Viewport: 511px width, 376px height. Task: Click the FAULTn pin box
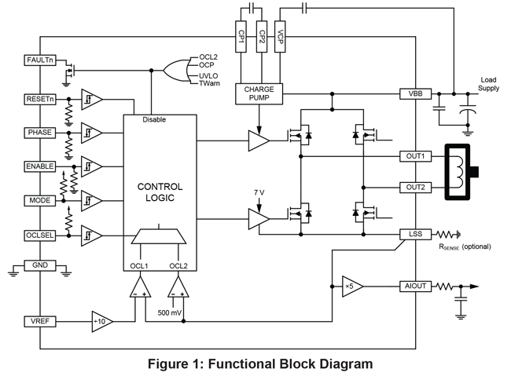click(x=39, y=60)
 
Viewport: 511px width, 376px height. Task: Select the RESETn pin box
click(x=39, y=100)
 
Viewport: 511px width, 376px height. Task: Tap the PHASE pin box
click(x=39, y=132)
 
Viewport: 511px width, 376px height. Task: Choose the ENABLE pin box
click(x=39, y=166)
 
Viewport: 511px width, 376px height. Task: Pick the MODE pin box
click(x=39, y=200)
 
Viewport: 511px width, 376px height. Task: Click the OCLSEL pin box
click(x=39, y=235)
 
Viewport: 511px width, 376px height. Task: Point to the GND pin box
click(x=39, y=265)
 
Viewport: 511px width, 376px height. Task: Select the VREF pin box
click(x=39, y=321)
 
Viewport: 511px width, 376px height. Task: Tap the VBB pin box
click(x=415, y=93)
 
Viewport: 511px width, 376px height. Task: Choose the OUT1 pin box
click(x=415, y=156)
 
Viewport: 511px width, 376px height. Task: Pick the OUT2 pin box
click(x=415, y=188)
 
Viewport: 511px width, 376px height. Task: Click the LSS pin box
click(x=415, y=234)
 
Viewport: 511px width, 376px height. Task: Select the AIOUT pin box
click(x=415, y=286)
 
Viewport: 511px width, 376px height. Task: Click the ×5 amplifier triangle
click(x=348, y=286)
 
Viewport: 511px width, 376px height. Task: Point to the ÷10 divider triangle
click(x=100, y=321)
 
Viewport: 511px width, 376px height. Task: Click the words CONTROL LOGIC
click(x=160, y=192)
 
